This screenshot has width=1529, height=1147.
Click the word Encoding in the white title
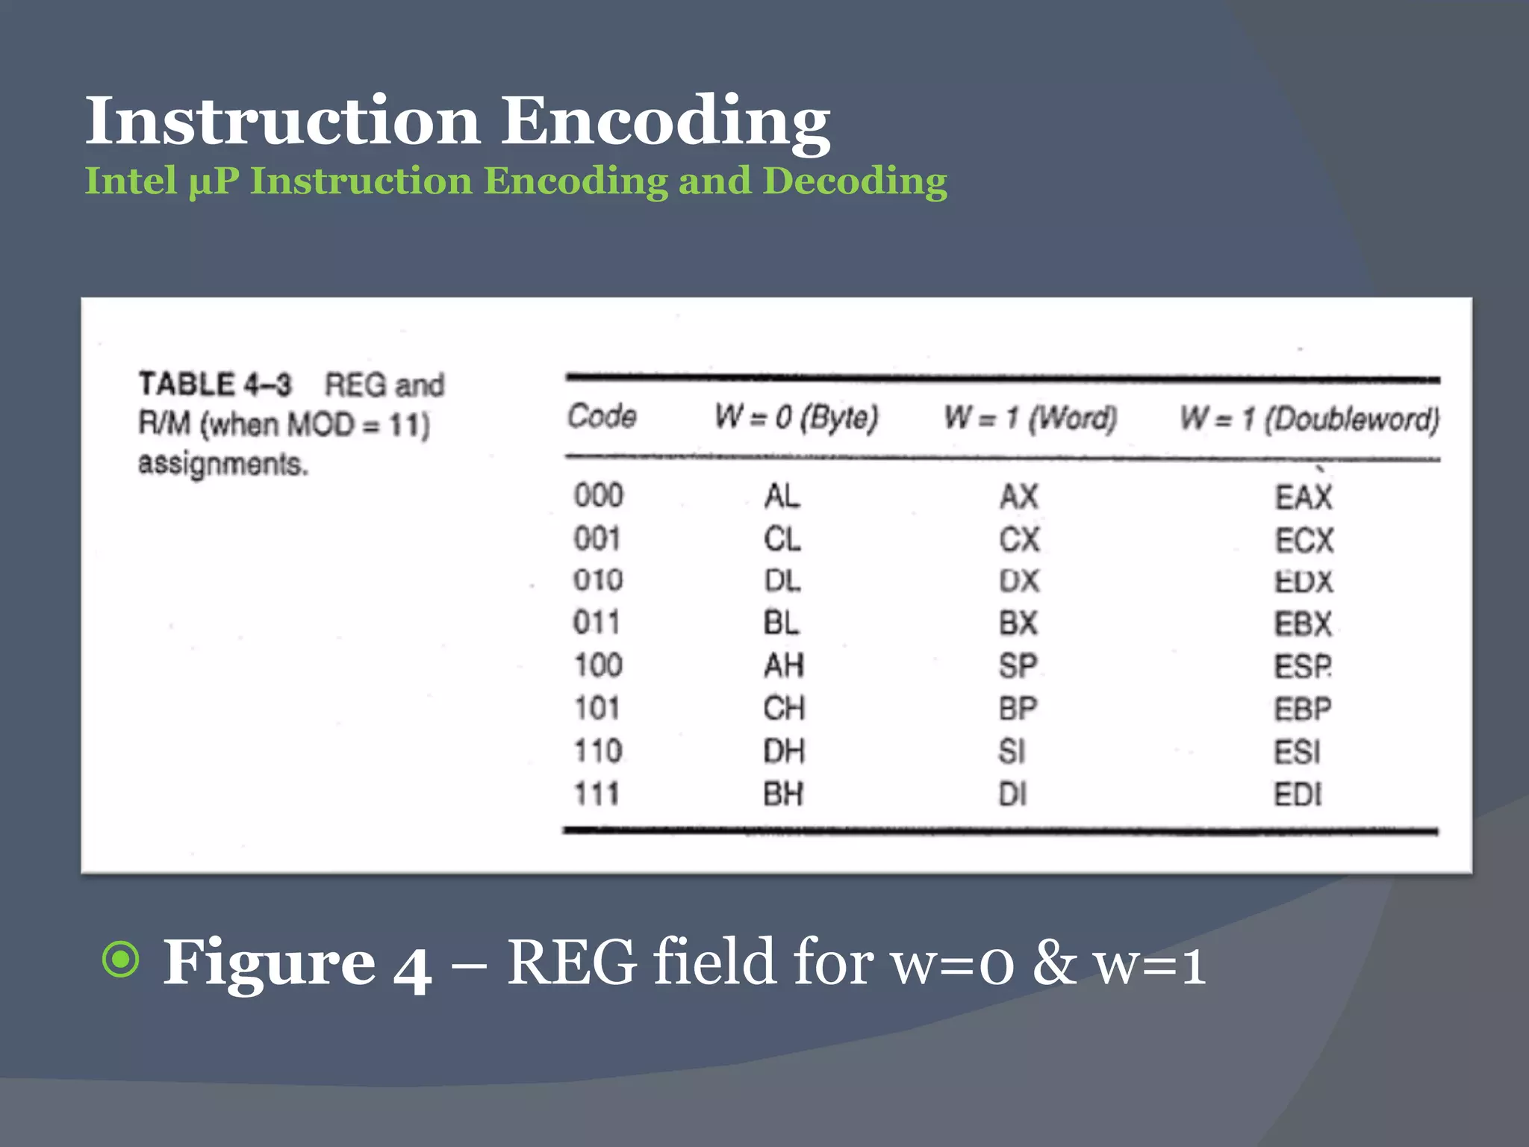pos(664,121)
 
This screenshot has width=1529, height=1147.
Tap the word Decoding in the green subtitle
pos(854,181)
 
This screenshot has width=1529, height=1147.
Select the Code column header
pos(602,416)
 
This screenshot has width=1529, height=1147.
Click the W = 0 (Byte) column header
pos(796,417)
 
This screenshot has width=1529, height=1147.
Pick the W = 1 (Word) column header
pos(1030,417)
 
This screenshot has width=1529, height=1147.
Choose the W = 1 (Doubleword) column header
pos(1309,418)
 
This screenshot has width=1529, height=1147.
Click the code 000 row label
pos(598,496)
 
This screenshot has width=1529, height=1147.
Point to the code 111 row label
pos(597,794)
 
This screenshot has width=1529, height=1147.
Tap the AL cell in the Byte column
pos(782,496)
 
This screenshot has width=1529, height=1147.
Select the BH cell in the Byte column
pos(783,794)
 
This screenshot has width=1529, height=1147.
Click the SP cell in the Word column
pos(1018,665)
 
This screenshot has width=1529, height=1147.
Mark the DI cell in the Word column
pos(1013,795)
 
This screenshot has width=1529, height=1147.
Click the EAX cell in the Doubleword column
pos(1304,497)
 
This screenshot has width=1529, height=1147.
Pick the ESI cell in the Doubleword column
pos(1298,752)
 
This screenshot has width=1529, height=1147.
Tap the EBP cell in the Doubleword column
pos(1303,709)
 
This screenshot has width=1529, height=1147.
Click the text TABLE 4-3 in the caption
pos(215,384)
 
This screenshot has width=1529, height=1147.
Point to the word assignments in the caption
pos(222,464)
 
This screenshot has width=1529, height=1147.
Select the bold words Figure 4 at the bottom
pos(297,963)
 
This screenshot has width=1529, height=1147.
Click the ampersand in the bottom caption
pos(1054,963)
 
